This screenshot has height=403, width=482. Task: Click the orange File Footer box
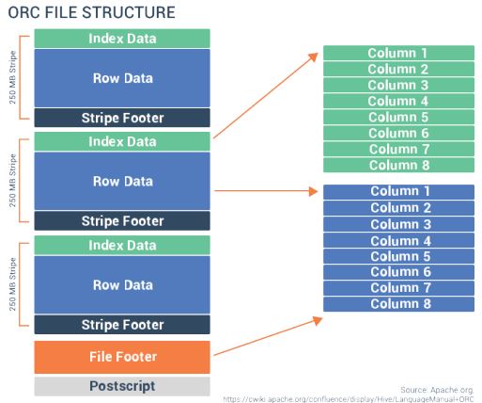(122, 357)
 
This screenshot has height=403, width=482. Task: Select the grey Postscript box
(122, 386)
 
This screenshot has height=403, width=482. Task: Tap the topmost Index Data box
(122, 39)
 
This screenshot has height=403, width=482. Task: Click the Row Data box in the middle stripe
(122, 181)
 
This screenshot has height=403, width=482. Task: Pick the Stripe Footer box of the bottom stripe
(122, 325)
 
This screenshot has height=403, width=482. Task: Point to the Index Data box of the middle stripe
(122, 142)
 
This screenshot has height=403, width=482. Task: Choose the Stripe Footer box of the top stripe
(122, 118)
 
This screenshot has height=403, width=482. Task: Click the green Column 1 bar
(398, 53)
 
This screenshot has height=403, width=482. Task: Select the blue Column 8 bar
(398, 303)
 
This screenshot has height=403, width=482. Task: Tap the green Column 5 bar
(398, 117)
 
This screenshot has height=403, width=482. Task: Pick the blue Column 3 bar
(398, 224)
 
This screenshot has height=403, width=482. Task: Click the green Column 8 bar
(398, 165)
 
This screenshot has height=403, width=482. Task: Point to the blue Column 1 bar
(398, 192)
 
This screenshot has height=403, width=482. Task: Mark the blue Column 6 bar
(398, 272)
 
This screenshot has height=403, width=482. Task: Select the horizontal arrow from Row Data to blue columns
(265, 190)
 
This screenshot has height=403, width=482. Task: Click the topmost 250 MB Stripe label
(11, 77)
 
